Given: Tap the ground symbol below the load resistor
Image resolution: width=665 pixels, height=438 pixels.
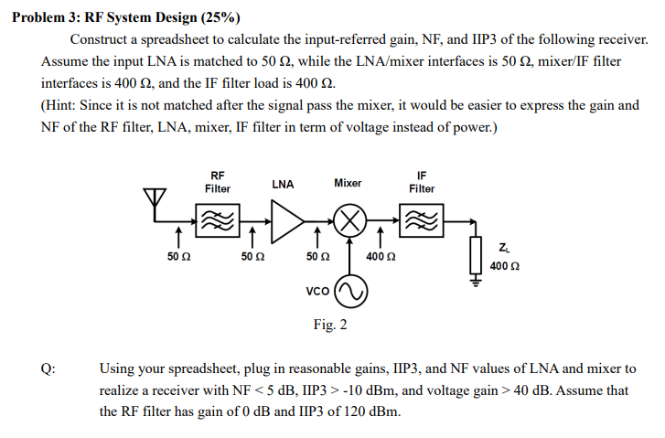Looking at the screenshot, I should tap(475, 281).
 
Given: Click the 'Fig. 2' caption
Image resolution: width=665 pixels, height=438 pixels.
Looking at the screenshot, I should tap(329, 325).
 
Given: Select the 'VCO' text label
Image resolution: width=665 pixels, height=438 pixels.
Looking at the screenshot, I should tap(317, 292).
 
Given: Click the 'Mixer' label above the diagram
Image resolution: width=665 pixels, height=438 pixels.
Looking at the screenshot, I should tap(348, 183).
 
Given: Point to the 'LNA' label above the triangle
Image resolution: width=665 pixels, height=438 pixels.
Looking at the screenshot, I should tap(283, 184).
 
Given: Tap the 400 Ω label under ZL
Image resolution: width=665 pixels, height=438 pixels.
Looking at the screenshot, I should tap(506, 266).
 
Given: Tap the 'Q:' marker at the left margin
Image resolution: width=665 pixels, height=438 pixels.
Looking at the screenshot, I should tap(48, 369).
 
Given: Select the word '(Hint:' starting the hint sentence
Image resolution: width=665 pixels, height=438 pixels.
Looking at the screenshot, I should tap(62, 105).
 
